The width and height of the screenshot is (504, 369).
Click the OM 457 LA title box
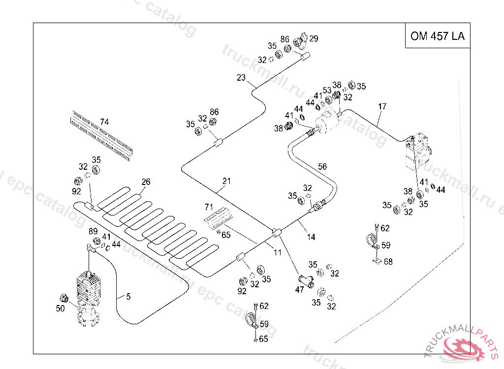click(x=437, y=36)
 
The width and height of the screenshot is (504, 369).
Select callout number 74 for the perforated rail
click(x=104, y=122)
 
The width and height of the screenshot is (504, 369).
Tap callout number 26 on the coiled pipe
click(x=146, y=182)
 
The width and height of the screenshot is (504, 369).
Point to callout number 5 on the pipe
click(x=128, y=297)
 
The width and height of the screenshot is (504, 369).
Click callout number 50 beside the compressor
click(x=60, y=308)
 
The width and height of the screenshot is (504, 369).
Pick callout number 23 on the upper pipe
click(x=241, y=78)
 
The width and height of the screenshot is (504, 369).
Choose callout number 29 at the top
click(x=314, y=38)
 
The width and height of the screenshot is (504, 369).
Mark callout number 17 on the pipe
click(x=382, y=106)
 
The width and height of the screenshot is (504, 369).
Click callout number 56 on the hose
click(x=322, y=167)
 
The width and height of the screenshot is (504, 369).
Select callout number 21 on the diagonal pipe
click(x=226, y=181)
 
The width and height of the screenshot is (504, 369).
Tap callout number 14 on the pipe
click(x=311, y=237)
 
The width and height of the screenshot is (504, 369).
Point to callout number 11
click(x=278, y=253)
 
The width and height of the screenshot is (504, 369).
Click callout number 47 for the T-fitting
click(x=299, y=290)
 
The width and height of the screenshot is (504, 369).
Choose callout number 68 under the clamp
click(x=388, y=262)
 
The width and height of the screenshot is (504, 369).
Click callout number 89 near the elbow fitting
click(x=93, y=232)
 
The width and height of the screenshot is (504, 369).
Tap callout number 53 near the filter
click(x=327, y=91)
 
